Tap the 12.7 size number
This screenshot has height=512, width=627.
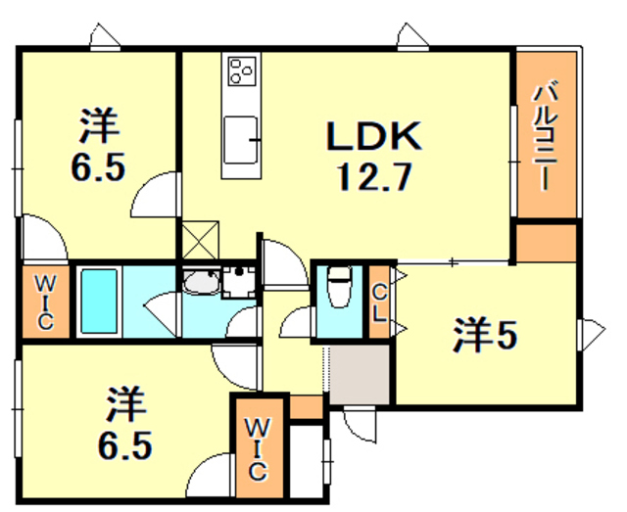(x=373, y=178)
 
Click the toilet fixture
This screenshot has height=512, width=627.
(x=339, y=289)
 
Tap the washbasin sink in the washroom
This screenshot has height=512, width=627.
(x=201, y=283)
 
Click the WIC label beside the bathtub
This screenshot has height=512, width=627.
(x=46, y=302)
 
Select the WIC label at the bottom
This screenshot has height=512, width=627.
(x=257, y=448)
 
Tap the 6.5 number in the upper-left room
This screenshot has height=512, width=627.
(x=97, y=167)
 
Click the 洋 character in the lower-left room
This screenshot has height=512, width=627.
(x=124, y=403)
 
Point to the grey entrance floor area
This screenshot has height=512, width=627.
(x=359, y=376)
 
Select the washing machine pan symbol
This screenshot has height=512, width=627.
(x=237, y=280)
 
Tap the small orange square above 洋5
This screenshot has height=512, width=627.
(x=545, y=244)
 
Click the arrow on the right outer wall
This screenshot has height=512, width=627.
(x=591, y=334)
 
